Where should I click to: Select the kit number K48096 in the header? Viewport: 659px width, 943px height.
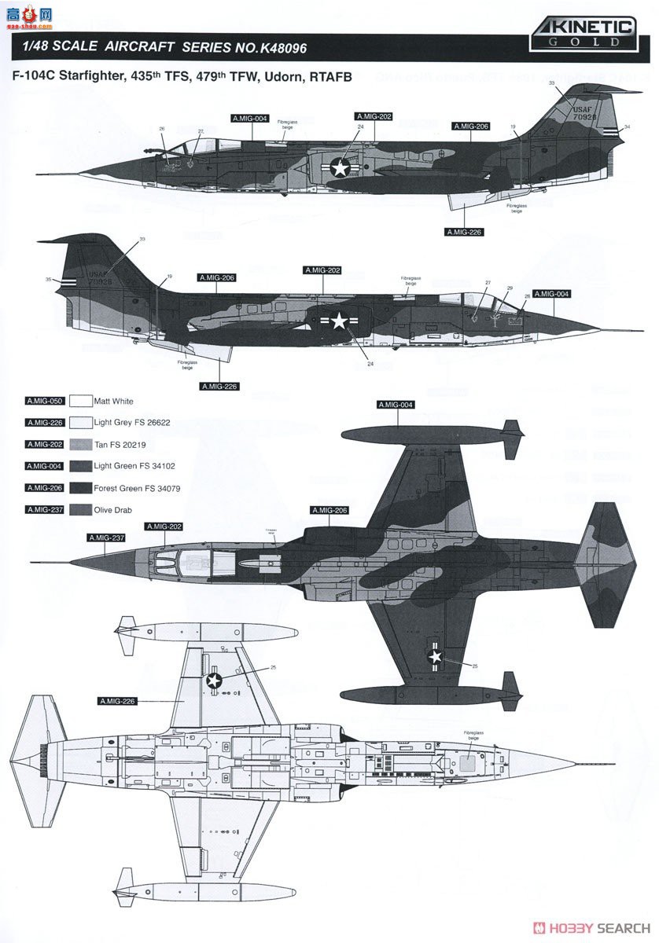pyautogui.click(x=275, y=48)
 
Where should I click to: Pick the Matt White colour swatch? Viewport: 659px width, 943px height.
pyautogui.click(x=81, y=401)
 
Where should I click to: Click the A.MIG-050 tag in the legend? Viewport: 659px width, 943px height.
pyautogui.click(x=44, y=401)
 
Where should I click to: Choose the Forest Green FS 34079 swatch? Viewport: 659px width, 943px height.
pyautogui.click(x=81, y=488)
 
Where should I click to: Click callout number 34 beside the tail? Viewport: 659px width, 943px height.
pyautogui.click(x=628, y=127)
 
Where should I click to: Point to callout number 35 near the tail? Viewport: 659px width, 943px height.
pyautogui.click(x=48, y=279)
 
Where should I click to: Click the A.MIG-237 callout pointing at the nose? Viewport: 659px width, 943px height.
pyautogui.click(x=105, y=538)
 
